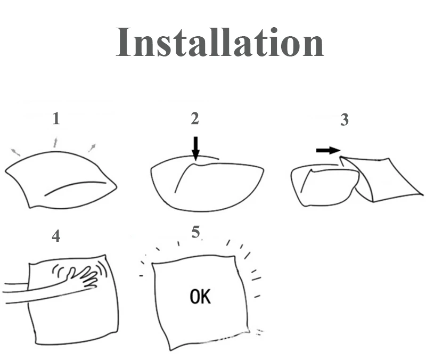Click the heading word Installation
tap(219, 42)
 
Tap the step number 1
tap(56, 119)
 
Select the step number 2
tap(195, 119)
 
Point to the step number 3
tap(345, 120)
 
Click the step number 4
tap(56, 235)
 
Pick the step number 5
tap(196, 232)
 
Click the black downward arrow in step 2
tap(195, 149)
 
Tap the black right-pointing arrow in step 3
tap(327, 151)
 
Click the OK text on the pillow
tap(200, 297)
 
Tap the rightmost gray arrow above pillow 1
tap(92, 147)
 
